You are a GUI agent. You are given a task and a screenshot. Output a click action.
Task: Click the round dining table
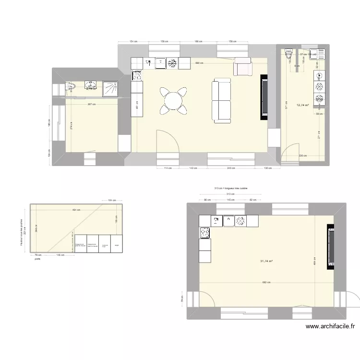(x=172, y=100)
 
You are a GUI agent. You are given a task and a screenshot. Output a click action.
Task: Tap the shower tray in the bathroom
(x=111, y=87)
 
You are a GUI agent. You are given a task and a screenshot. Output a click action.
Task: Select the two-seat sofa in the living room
(x=221, y=101)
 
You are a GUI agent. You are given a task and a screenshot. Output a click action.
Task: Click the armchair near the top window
(x=242, y=67)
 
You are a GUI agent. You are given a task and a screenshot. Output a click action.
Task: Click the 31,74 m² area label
(x=266, y=261)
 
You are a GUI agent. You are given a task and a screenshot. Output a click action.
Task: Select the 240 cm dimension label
(x=231, y=168)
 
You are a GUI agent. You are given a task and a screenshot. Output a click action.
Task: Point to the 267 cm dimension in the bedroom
(x=91, y=104)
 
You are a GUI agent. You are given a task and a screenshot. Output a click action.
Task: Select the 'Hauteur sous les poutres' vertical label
(x=22, y=230)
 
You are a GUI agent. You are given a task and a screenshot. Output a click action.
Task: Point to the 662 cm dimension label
(x=266, y=283)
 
